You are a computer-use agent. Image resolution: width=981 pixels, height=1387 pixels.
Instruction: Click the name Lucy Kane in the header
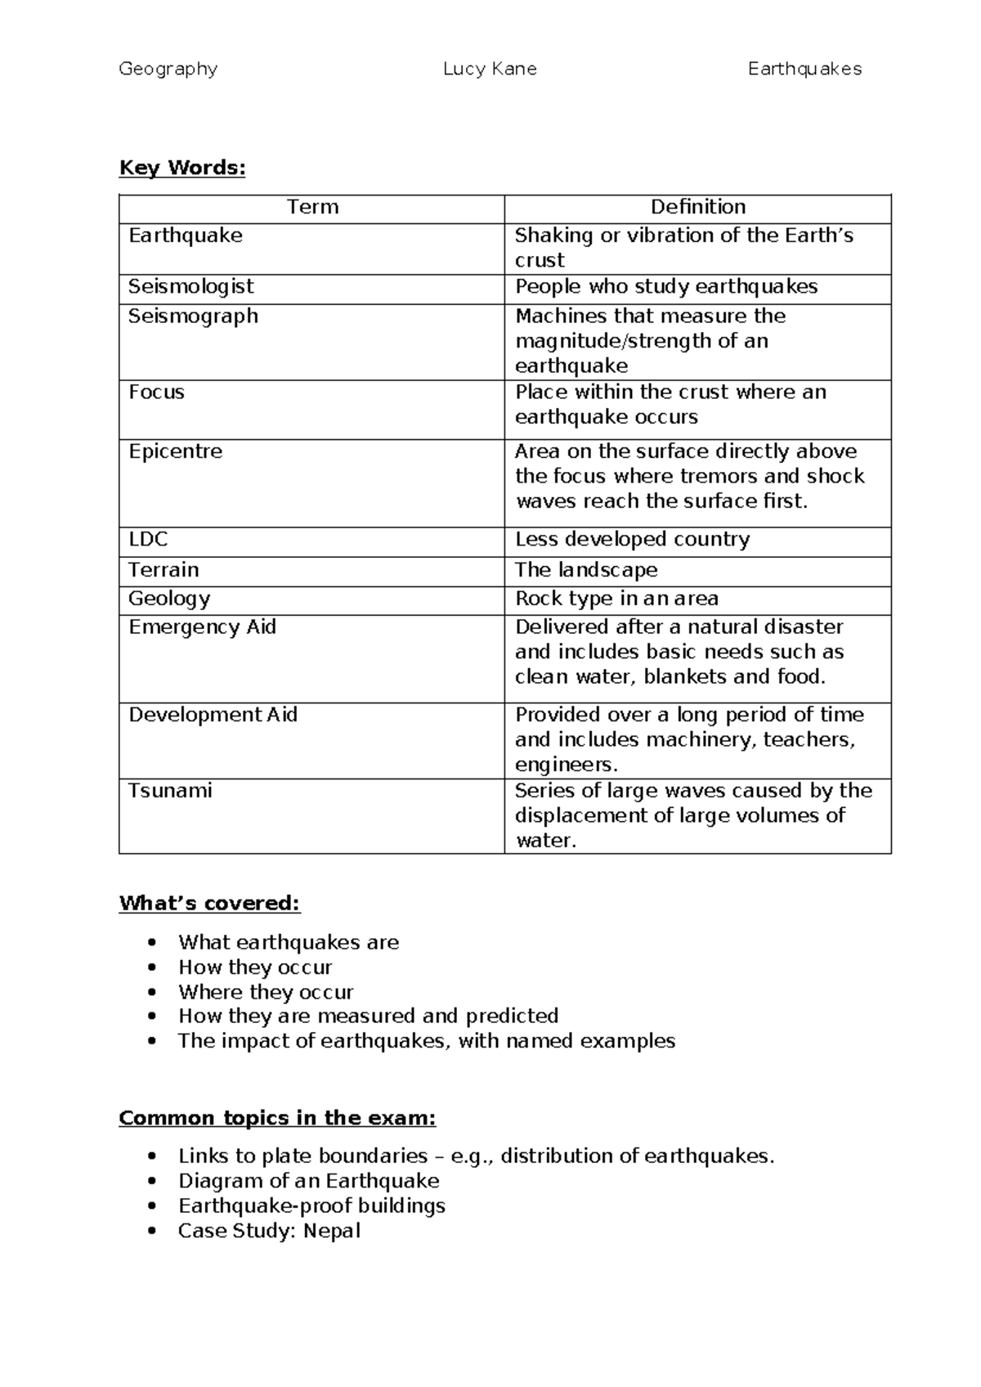click(490, 70)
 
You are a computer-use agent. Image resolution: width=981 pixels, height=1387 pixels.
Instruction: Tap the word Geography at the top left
click(168, 70)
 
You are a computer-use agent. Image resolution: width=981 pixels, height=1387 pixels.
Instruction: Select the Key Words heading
click(181, 168)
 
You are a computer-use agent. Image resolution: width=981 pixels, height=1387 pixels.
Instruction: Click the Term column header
click(312, 207)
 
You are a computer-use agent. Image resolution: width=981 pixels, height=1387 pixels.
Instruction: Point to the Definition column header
click(697, 207)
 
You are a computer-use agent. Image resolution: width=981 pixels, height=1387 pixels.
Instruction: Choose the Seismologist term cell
click(190, 286)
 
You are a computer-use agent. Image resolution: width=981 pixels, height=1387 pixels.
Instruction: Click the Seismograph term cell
click(193, 316)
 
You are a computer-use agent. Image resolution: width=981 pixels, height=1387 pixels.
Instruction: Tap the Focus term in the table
click(156, 393)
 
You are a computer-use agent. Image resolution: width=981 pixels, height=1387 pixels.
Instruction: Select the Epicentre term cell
click(175, 451)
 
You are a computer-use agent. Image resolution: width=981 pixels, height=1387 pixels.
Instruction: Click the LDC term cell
click(148, 540)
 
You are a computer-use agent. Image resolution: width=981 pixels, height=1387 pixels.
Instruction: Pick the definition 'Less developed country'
click(632, 540)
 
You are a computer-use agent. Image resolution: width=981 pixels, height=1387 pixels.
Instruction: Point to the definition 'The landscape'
click(585, 570)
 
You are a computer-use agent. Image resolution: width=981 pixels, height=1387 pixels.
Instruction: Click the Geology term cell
click(168, 599)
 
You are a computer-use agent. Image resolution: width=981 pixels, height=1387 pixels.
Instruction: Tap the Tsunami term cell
click(170, 791)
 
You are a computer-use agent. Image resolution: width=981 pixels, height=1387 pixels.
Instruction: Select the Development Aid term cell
click(213, 715)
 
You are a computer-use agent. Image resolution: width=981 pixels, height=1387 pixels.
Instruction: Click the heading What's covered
click(209, 904)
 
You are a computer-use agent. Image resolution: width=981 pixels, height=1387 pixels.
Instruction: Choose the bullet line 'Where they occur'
click(266, 992)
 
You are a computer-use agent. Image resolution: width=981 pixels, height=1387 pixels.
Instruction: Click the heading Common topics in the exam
click(277, 1118)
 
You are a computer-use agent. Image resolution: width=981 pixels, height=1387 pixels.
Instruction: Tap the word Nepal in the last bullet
click(331, 1231)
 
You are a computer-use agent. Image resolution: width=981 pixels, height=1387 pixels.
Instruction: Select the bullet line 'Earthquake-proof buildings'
click(311, 1206)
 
